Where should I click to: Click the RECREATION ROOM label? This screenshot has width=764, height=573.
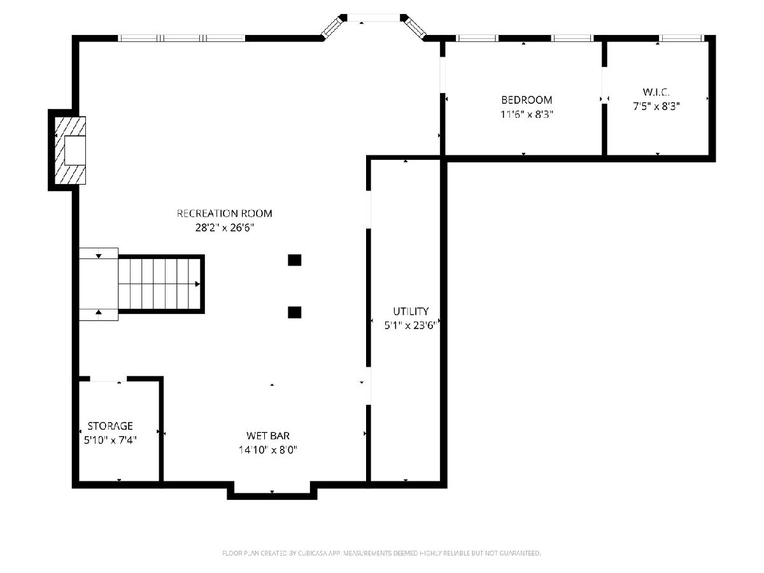click(225, 213)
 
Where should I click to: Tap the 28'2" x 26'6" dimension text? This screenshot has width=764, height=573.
click(225, 228)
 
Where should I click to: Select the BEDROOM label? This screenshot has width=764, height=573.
click(527, 100)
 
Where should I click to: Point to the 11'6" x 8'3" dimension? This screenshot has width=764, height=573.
click(527, 115)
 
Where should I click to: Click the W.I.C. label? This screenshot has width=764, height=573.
click(656, 92)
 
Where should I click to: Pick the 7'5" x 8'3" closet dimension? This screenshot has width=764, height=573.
click(656, 106)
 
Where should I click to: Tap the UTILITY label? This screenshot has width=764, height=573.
click(411, 311)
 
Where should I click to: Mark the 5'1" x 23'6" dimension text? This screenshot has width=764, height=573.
click(411, 325)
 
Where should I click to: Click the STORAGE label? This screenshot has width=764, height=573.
click(110, 426)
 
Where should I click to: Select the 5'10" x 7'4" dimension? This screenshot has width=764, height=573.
click(110, 440)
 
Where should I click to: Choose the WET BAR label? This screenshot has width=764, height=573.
click(268, 435)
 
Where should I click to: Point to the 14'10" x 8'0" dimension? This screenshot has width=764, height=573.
click(268, 450)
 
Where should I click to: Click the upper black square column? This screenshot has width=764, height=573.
click(295, 260)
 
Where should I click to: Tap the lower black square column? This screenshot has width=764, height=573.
click(295, 312)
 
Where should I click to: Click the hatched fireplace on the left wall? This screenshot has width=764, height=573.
click(70, 150)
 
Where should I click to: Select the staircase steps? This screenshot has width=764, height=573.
click(159, 284)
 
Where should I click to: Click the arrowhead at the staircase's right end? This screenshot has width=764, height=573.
click(198, 284)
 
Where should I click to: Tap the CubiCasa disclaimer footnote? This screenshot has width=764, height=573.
click(381, 553)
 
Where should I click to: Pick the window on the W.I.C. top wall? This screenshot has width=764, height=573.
click(681, 38)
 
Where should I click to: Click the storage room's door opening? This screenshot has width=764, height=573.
click(108, 379)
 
